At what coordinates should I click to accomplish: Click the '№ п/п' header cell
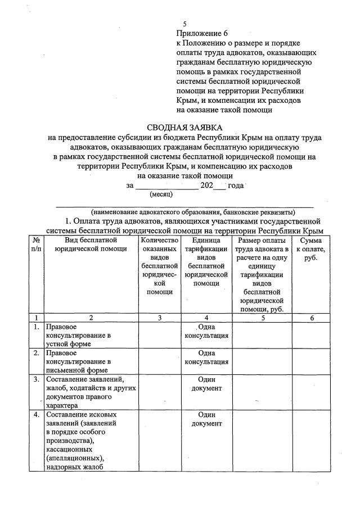(35, 245)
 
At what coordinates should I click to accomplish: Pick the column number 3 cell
(160, 318)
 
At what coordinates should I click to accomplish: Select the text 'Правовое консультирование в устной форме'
(78, 335)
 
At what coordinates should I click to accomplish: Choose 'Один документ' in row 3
(206, 384)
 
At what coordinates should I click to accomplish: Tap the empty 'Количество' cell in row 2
(160, 361)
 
